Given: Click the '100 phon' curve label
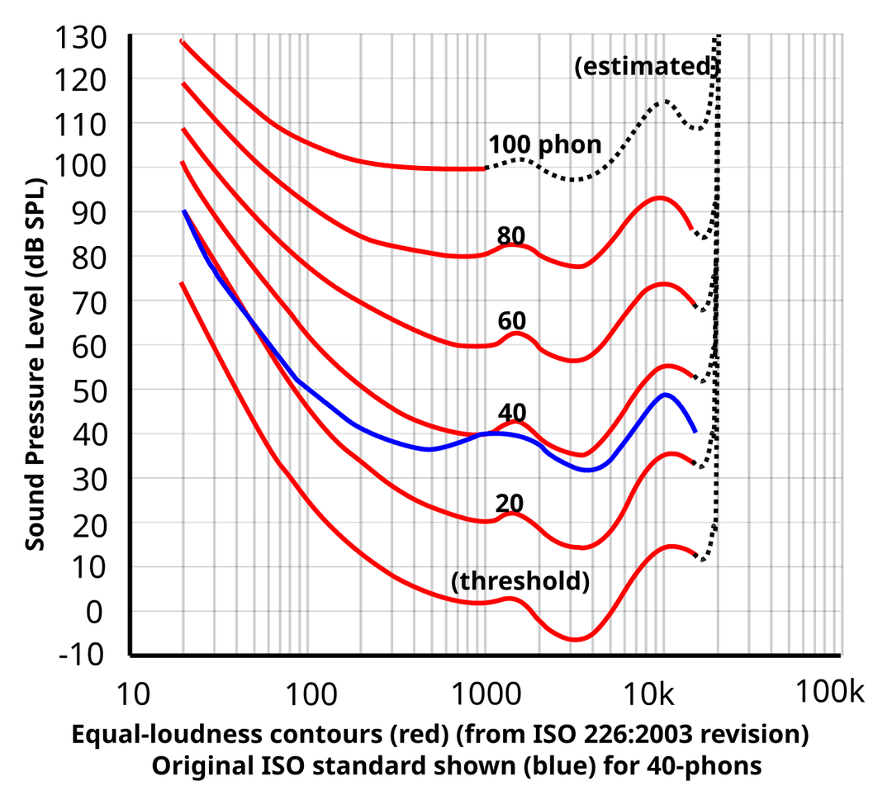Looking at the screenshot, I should pyautogui.click(x=544, y=144).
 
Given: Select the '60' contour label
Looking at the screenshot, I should pyautogui.click(x=512, y=320).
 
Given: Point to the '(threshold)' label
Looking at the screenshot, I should pyautogui.click(x=520, y=581).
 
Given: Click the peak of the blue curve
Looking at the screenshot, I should pyautogui.click(x=666, y=395).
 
